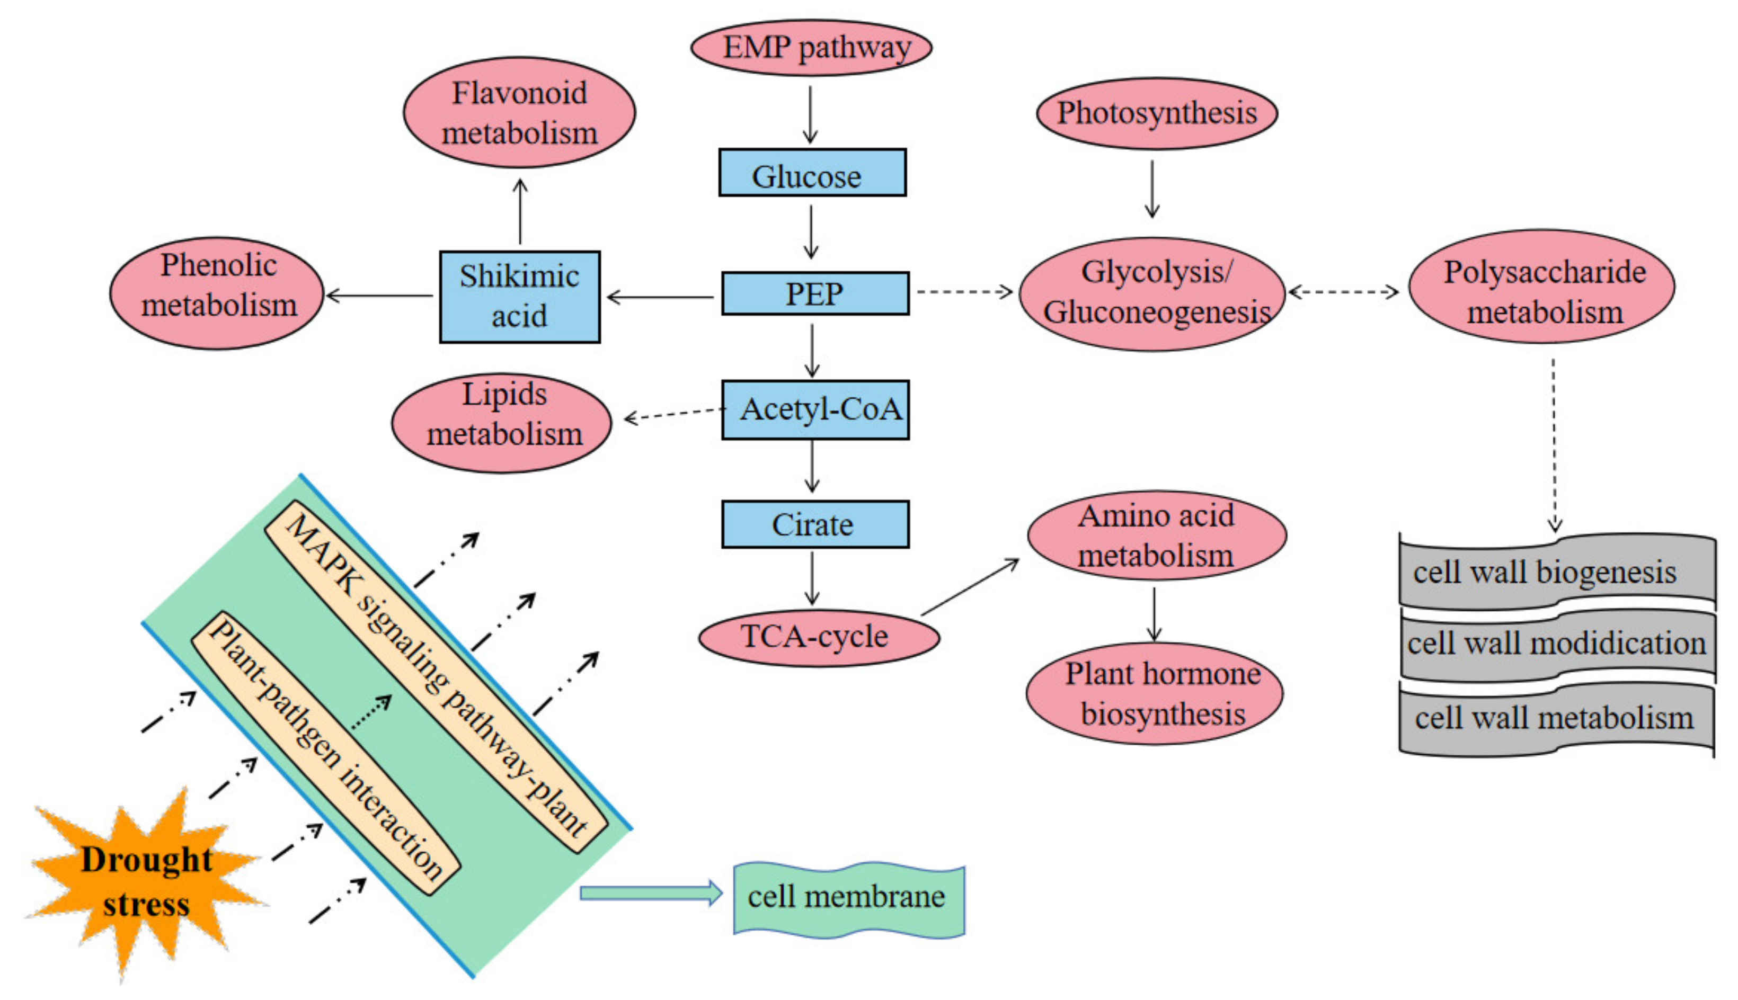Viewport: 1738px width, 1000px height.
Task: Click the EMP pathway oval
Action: (x=811, y=47)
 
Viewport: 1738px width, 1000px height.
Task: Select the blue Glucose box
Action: (x=813, y=172)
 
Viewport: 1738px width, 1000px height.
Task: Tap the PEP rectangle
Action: (x=815, y=293)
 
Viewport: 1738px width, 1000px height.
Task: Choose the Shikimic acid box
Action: (x=520, y=297)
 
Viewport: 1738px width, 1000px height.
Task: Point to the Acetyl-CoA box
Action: (x=815, y=410)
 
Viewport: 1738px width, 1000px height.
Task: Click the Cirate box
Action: (x=815, y=524)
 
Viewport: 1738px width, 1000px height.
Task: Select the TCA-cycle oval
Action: (x=819, y=637)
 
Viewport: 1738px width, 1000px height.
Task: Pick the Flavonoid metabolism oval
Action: (x=519, y=112)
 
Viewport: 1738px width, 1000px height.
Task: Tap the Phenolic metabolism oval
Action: (x=216, y=293)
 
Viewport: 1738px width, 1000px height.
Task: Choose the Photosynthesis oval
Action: (x=1157, y=113)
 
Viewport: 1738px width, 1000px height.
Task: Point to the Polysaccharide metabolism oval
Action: (x=1541, y=287)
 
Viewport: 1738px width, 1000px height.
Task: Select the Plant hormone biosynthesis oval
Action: (x=1155, y=693)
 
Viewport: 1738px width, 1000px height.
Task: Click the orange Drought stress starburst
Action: (x=146, y=882)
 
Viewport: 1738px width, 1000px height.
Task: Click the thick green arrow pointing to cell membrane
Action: (x=651, y=893)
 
